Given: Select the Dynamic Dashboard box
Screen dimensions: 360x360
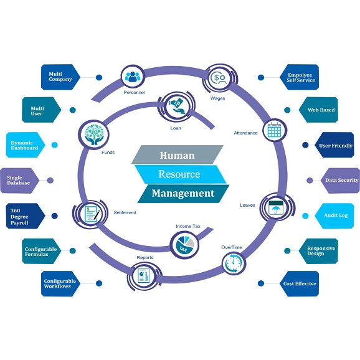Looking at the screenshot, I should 26,145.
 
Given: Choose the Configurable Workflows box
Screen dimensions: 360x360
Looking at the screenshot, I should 60,283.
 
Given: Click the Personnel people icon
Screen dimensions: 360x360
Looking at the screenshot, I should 134,78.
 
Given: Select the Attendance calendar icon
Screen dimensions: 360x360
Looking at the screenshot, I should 274,130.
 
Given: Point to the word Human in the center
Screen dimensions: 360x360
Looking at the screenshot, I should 177,154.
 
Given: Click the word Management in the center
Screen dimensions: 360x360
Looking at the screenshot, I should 178,193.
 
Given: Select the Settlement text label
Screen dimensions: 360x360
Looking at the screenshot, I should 125,212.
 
